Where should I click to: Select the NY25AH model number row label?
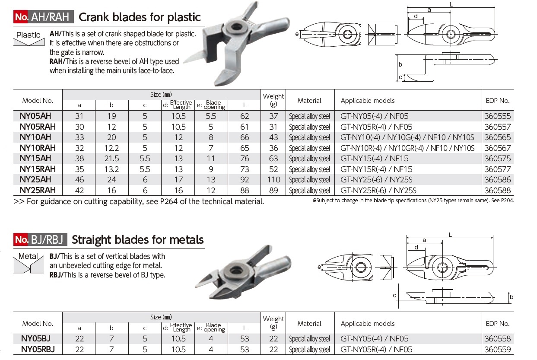38,179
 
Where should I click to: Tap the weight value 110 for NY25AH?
273,179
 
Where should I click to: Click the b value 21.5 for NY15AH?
111,158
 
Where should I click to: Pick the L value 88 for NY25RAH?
245,190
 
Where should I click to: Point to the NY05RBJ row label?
38,349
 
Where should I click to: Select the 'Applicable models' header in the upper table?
367,100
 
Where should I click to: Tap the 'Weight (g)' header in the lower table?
273,323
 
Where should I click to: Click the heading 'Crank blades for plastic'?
139,17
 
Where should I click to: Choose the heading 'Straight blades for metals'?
137,239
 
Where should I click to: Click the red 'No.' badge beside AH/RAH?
21,17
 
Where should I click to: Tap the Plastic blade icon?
29,39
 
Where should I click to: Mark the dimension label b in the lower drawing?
512,297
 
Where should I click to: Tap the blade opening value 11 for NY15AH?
211,158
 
